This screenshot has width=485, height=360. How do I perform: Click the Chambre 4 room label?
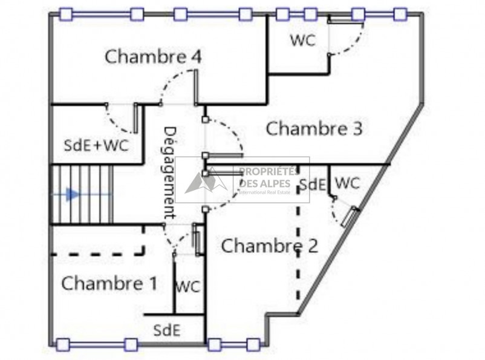(x=153, y=57)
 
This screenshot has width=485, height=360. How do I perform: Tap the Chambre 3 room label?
(x=314, y=129)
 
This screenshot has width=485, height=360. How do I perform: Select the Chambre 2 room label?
(x=269, y=246)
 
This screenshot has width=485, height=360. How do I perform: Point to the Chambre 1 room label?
(x=109, y=283)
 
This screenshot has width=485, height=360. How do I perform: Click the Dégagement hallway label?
(x=170, y=172)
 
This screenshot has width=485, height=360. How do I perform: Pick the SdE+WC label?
(x=96, y=146)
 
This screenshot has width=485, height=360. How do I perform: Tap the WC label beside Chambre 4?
(x=302, y=41)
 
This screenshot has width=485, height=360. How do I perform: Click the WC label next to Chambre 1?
(x=187, y=287)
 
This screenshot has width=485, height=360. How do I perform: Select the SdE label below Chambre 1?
(x=166, y=330)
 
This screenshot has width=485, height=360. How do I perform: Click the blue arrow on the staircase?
(x=73, y=194)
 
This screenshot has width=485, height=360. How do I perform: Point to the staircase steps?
(x=82, y=194)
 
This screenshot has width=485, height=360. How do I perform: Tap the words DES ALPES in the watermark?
(x=265, y=183)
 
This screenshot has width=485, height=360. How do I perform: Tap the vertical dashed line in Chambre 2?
(x=298, y=254)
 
